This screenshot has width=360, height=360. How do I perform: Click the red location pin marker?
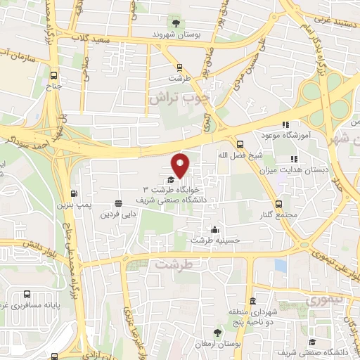coord(181,166)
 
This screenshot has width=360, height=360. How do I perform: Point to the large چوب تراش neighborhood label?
coord(179,98)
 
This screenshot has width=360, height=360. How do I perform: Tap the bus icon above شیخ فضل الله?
coord(240,141)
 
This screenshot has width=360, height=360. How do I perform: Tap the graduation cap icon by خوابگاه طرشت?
coord(173,180)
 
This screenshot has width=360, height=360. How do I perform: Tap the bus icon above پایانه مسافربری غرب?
coord(27,295)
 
